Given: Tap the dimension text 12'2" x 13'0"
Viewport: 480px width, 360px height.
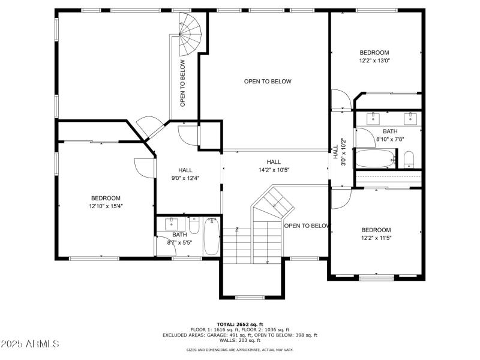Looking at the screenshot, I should [x=374, y=61].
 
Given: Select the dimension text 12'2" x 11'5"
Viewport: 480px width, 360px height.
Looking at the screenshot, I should [x=376, y=238].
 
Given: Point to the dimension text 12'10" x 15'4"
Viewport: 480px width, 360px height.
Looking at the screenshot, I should [x=106, y=206].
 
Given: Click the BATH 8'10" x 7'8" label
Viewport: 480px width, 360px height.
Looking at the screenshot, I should [x=390, y=135].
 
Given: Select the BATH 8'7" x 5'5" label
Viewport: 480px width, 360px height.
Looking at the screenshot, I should [x=179, y=238].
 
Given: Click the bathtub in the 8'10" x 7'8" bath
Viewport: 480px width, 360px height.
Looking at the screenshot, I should [x=375, y=159].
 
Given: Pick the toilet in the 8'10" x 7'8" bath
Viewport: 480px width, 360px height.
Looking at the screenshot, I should [x=409, y=158].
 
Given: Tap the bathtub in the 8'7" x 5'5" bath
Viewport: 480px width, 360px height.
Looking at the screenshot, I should [x=212, y=237].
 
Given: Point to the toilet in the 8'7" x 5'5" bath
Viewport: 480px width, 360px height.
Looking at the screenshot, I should [x=193, y=224].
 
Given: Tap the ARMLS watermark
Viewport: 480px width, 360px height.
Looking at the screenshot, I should [x=30, y=344].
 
